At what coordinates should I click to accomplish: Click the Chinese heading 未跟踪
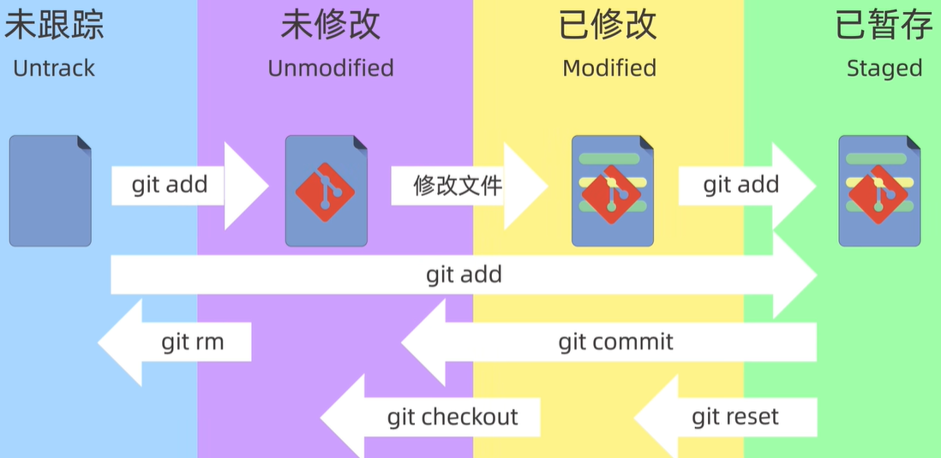[54, 26]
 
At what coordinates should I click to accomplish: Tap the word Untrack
[54, 68]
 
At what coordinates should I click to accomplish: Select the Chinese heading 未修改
[330, 26]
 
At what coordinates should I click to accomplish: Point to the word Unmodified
[331, 68]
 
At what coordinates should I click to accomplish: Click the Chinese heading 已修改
[608, 26]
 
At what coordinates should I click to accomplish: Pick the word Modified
[609, 68]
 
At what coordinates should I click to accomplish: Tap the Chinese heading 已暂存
[884, 26]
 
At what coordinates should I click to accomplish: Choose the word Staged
[884, 68]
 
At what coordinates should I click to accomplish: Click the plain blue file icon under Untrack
[50, 191]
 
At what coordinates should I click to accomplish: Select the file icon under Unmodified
[326, 191]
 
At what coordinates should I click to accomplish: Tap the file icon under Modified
[612, 191]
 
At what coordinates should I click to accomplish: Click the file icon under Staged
[878, 191]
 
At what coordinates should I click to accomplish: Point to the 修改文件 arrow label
[458, 185]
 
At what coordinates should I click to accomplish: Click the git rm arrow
[192, 342]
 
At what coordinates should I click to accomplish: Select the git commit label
[615, 342]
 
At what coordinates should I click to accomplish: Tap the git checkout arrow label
[453, 417]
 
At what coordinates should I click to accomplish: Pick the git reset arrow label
[735, 417]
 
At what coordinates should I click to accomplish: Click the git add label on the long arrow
[464, 275]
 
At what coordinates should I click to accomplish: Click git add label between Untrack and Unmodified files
[170, 185]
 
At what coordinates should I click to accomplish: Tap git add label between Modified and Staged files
[741, 185]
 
